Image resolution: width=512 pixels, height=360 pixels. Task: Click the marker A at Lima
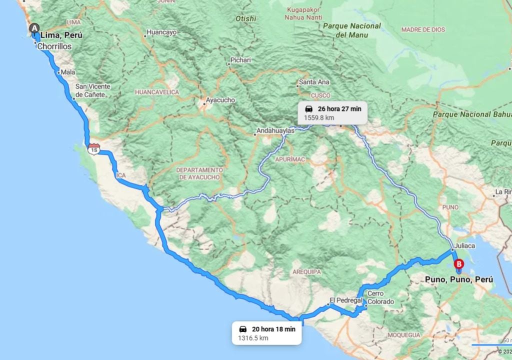(34, 28)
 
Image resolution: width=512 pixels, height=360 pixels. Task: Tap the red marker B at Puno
(458, 264)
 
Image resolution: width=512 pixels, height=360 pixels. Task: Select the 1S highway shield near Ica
(93, 148)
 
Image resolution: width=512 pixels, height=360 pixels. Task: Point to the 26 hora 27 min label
(339, 108)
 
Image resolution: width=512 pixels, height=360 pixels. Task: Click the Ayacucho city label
(219, 100)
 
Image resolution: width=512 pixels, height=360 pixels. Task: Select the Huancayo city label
(161, 32)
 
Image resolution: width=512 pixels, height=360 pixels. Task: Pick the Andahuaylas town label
(273, 131)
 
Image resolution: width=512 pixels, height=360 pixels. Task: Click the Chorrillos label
(54, 46)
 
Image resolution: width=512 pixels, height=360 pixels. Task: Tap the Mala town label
(68, 72)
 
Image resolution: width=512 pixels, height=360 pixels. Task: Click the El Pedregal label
(345, 300)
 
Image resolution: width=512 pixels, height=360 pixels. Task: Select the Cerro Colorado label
(380, 297)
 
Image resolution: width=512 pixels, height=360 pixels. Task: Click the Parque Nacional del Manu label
(352, 30)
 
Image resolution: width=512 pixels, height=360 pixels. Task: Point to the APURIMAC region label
(289, 159)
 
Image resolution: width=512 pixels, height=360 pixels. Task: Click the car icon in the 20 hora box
(243, 329)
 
